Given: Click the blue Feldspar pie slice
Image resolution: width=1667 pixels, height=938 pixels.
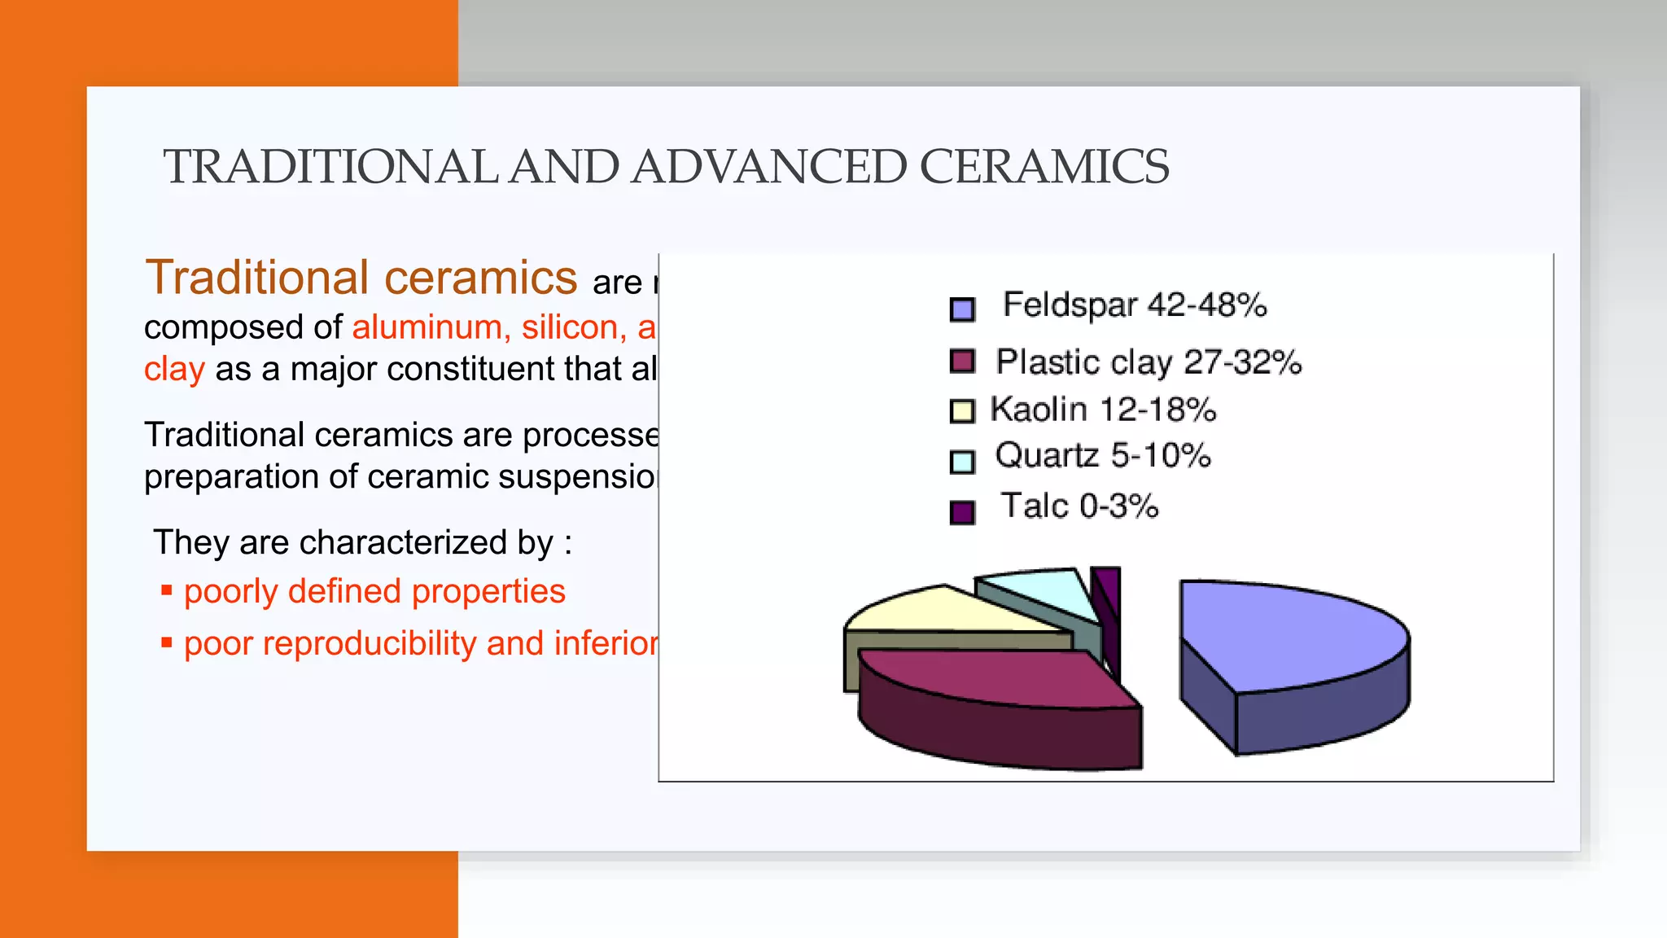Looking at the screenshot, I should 1294,635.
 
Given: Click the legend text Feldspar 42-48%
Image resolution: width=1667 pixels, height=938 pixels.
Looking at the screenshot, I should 1135,305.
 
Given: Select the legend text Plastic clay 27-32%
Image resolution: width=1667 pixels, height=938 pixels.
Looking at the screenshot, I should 1149,362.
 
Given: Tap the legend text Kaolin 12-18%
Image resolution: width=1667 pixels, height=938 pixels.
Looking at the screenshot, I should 1103,410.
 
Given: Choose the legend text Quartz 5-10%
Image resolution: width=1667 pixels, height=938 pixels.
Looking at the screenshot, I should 1103,456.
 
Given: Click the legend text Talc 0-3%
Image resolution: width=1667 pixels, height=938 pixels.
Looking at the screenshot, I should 1079,506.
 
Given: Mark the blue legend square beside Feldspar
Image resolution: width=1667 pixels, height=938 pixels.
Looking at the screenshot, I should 962,309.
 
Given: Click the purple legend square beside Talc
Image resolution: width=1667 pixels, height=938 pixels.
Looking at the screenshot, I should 962,512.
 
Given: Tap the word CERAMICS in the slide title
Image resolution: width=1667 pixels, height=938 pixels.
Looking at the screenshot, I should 1044,167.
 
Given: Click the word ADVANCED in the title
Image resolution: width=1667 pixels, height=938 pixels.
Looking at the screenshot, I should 768,167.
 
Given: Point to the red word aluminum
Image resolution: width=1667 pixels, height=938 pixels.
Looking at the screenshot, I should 427,327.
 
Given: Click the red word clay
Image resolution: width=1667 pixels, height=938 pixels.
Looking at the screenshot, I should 174,369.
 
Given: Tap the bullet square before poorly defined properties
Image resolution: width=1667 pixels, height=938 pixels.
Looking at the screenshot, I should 167,590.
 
